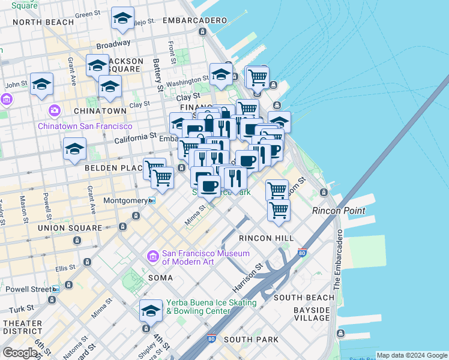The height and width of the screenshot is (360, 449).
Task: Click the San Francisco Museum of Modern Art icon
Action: (x=152, y=257)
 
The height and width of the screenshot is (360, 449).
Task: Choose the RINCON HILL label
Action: (x=267, y=238)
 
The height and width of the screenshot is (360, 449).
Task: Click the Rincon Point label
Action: (x=339, y=211)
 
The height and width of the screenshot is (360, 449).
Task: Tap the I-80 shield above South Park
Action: (x=212, y=339)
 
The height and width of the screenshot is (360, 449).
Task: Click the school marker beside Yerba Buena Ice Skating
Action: (x=151, y=310)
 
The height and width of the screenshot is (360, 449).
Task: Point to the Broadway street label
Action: (x=113, y=44)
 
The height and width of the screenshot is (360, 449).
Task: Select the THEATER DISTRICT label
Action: (x=22, y=326)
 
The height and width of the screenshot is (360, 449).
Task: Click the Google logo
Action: (x=19, y=352)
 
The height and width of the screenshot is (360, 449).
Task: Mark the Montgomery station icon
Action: (x=152, y=200)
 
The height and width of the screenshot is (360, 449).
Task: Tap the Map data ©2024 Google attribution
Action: (x=412, y=355)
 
